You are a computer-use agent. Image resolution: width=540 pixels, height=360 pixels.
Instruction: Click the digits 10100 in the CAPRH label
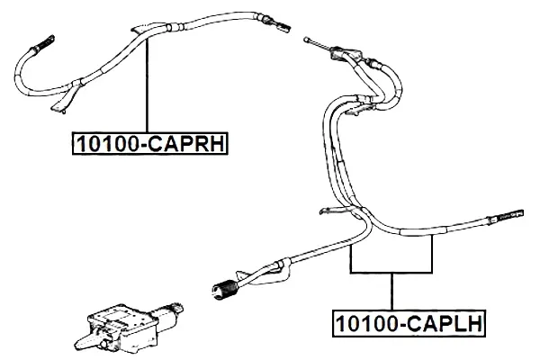(x=107, y=143)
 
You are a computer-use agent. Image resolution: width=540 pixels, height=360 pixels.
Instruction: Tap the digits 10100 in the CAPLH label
(x=367, y=324)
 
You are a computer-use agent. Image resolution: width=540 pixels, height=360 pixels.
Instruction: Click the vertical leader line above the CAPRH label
(x=147, y=85)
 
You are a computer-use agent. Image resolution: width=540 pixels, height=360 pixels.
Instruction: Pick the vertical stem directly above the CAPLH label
(x=391, y=292)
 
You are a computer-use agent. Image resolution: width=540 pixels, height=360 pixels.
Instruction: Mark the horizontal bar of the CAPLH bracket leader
(x=391, y=272)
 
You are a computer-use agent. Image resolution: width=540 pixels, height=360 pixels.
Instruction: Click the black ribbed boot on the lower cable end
(x=223, y=290)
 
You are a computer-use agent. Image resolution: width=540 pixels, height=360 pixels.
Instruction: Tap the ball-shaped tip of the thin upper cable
(x=306, y=40)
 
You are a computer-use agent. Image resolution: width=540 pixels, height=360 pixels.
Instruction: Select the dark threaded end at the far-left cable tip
(x=44, y=42)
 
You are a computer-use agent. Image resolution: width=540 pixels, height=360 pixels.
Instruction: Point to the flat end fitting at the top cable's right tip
(x=280, y=26)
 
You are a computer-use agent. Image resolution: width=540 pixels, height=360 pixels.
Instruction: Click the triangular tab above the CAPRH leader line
(x=143, y=29)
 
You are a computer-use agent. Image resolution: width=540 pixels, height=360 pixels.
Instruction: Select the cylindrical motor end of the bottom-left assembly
(x=167, y=311)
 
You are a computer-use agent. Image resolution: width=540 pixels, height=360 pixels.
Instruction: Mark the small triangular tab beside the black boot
(x=242, y=275)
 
